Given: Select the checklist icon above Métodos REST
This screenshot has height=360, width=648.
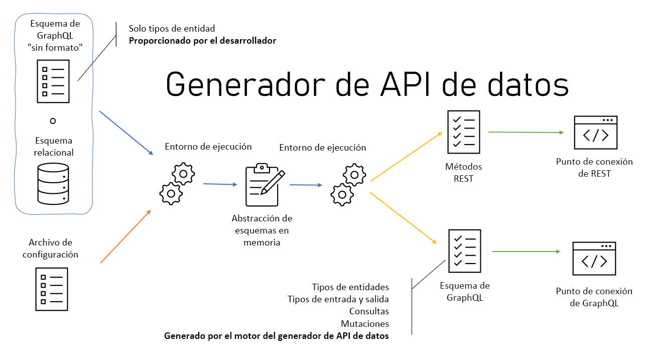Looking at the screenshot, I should tap(463, 132).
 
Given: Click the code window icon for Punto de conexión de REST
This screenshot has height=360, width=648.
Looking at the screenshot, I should tap(595, 133).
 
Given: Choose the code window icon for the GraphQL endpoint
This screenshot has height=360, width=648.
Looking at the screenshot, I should tap(594, 259).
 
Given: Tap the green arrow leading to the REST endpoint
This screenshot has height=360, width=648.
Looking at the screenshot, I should tap(525, 133).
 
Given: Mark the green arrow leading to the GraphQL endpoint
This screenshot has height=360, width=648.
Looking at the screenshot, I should tap(526, 252).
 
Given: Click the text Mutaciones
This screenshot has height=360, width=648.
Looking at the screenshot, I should tap(365, 324).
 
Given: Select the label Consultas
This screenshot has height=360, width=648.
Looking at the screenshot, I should tap(369, 311).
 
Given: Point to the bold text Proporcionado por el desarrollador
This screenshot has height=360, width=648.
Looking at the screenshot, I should tap(202, 41).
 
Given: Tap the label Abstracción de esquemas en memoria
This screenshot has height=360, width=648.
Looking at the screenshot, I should tap(262, 230).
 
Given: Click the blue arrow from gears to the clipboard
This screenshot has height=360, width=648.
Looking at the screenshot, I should tap(220, 184).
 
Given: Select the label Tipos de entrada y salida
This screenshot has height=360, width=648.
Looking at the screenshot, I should tap(338, 299).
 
